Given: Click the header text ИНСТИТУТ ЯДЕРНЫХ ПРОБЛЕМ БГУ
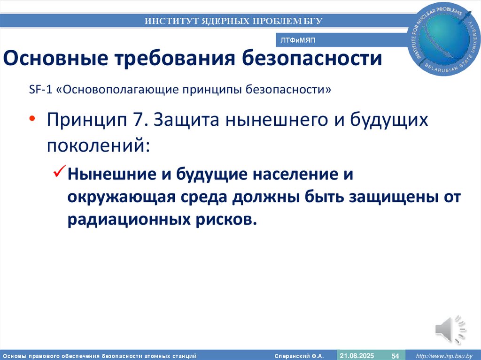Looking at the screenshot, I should (x=233, y=21).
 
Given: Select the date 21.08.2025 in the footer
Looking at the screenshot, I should (x=357, y=355).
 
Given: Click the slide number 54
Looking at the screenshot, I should (x=395, y=356).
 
